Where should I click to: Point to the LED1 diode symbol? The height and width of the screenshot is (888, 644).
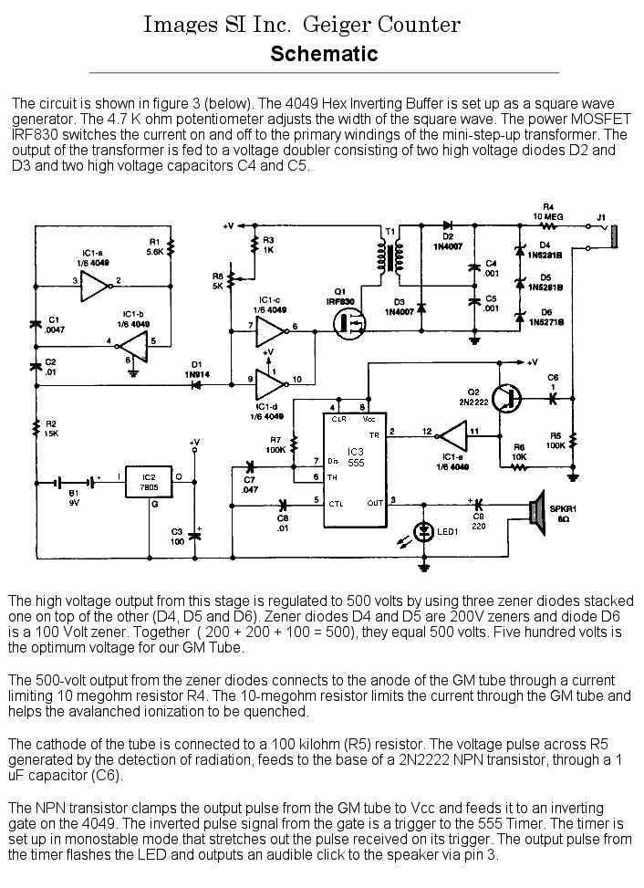pos(423,532)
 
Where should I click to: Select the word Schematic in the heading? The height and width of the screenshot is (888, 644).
pos(324,54)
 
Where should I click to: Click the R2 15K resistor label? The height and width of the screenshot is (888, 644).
pos(49,430)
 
